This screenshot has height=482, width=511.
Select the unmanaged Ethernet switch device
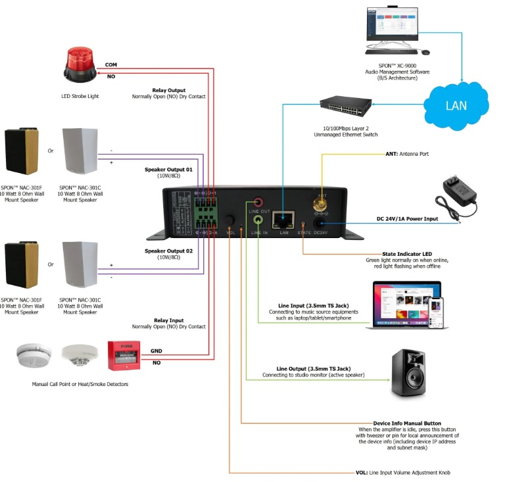pos(345,105)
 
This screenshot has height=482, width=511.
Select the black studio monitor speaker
pos(412,372)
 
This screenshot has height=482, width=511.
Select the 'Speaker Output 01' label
pos(168,170)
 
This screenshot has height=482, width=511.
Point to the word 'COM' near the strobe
pos(112,64)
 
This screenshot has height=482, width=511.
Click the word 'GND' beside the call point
pos(157,351)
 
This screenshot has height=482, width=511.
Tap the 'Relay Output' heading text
pos(168,90)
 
